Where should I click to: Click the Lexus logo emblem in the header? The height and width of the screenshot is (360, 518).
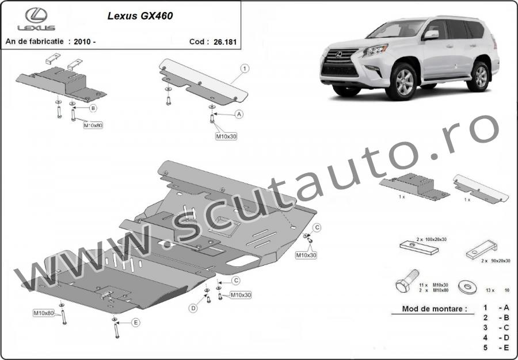[36, 15]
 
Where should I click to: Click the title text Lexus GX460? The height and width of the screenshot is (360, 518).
[140, 16]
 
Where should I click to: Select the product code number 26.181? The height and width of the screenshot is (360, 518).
[225, 42]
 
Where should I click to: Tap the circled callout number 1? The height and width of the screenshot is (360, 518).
[245, 68]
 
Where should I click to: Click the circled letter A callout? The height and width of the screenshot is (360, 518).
[239, 114]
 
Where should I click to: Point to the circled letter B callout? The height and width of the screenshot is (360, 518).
[93, 108]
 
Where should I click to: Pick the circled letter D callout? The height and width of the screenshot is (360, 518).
[193, 308]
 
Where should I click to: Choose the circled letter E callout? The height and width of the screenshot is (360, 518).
[135, 323]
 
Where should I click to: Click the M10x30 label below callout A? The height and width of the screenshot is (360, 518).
[226, 136]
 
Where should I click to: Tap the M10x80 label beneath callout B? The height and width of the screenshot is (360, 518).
[93, 125]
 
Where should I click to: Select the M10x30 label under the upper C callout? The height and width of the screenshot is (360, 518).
[306, 255]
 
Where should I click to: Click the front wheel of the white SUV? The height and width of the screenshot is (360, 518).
[402, 82]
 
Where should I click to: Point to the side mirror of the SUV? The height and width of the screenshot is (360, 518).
[431, 35]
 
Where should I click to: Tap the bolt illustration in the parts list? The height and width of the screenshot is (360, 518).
[407, 281]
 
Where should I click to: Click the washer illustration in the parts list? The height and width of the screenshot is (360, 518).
[468, 286]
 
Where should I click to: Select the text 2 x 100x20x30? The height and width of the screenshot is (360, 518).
[431, 239]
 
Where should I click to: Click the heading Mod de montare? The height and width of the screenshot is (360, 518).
[434, 309]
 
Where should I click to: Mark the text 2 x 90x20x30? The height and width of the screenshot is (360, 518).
[496, 261]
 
